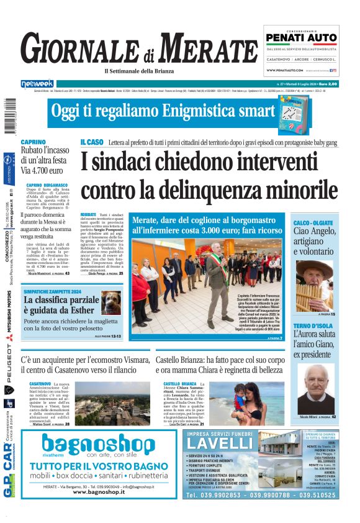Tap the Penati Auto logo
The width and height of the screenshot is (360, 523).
tap(300, 39)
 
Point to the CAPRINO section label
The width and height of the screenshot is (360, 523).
tap(33, 142)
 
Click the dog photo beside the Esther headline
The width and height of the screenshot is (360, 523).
tap(112, 302)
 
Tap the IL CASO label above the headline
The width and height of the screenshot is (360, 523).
tap(91, 142)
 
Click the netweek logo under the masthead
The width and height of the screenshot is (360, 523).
tap(37, 83)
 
